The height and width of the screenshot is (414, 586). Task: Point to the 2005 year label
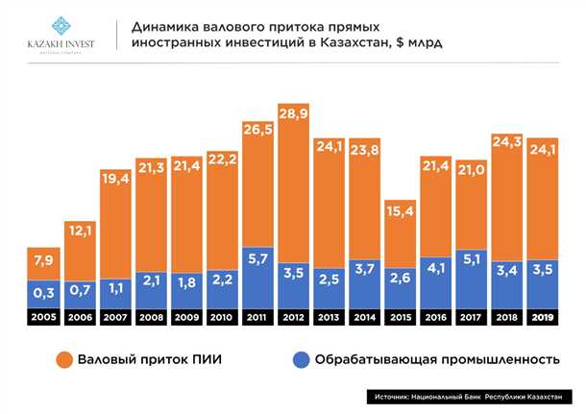pyautogui.click(x=43, y=316)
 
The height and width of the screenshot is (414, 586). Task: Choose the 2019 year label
pyautogui.click(x=544, y=316)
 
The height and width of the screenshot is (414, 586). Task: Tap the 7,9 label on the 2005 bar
pyautogui.click(x=43, y=261)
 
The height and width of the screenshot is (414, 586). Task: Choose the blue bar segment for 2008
pyautogui.click(x=152, y=289)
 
